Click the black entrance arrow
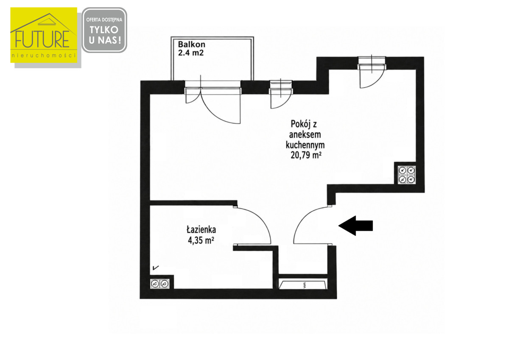tap(355, 226)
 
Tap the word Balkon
tap(192, 44)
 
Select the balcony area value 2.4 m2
tap(191, 53)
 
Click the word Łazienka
tap(201, 230)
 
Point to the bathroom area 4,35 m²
tap(201, 240)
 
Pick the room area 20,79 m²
tap(306, 155)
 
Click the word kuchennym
tap(305, 145)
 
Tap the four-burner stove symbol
tap(406, 175)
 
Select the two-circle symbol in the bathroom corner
tap(160, 284)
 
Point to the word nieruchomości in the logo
tap(44, 56)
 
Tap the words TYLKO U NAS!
tap(104, 35)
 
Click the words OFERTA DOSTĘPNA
tap(104, 20)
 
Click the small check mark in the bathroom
tap(156, 268)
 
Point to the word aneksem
tap(305, 134)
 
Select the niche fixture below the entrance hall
tap(303, 285)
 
